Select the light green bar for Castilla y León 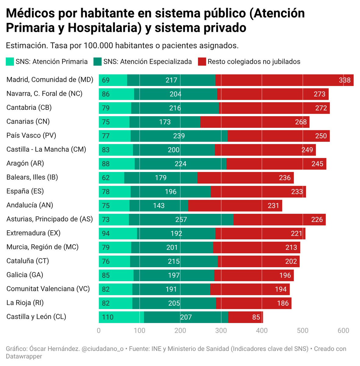click(x=121, y=317)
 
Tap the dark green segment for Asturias click(x=181, y=220)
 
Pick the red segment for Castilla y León click(x=245, y=317)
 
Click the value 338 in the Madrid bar click(x=344, y=80)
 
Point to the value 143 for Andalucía click(x=159, y=206)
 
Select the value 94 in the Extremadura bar click(x=106, y=234)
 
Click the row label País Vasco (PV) click(x=31, y=135)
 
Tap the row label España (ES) click(x=25, y=191)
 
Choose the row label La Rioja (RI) click(x=25, y=303)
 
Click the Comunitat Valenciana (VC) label click(x=48, y=289)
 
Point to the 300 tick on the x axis click(x=221, y=331)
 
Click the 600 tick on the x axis click(x=344, y=331)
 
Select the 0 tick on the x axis click(x=99, y=331)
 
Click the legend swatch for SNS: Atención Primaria click(x=10, y=62)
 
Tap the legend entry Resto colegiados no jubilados click(x=254, y=62)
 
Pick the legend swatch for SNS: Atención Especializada click(x=97, y=62)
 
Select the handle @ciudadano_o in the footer click(x=102, y=349)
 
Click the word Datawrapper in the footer click(x=24, y=356)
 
